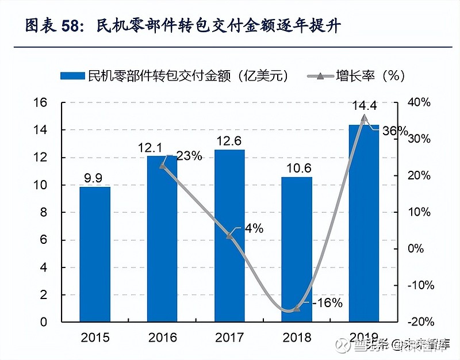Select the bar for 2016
[x=162, y=238]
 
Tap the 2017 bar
[x=229, y=235]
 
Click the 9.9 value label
[x=95, y=177]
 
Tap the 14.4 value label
[x=365, y=105]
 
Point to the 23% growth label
[x=189, y=156]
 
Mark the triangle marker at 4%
[x=229, y=235]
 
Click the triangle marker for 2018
[x=297, y=309]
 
